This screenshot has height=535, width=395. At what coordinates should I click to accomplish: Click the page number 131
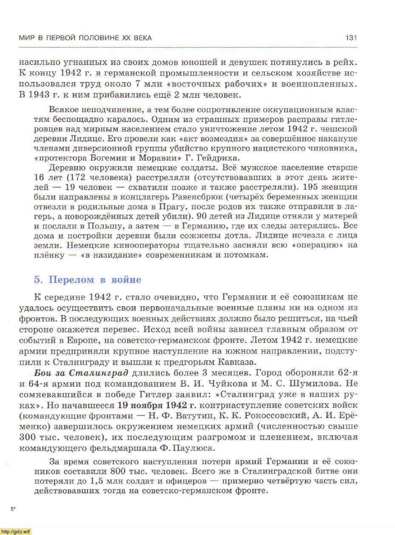click(x=351, y=38)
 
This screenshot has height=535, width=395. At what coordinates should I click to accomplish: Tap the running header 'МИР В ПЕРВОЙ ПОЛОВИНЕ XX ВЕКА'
click(x=85, y=38)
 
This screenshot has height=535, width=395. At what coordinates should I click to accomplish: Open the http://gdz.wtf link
click(x=16, y=531)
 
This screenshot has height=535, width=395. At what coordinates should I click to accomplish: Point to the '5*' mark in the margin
click(x=13, y=508)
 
